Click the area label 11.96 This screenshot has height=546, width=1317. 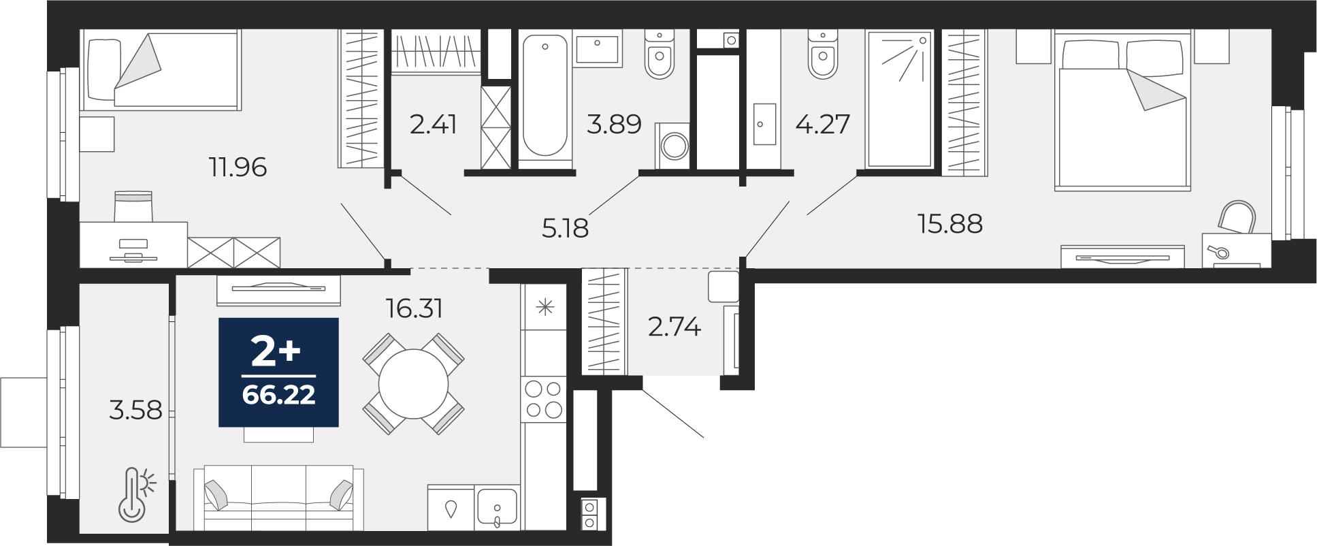238,167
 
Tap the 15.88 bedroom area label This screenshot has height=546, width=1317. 950,223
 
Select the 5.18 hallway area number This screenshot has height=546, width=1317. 565,228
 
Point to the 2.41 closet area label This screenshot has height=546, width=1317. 434,125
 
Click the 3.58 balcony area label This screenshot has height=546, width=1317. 136,410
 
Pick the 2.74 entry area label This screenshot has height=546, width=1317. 674,327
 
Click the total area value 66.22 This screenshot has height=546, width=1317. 279,395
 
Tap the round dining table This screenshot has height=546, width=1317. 413,385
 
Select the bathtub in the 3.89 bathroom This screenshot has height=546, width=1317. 544,97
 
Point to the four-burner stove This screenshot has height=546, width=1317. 544,399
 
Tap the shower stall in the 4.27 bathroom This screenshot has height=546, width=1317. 898,99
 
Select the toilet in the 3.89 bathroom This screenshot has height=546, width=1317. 660,54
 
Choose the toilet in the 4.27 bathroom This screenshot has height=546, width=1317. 823,54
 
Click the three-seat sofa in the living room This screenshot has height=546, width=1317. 278,498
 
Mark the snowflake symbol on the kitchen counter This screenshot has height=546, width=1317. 545,308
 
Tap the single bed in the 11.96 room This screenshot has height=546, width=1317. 161,70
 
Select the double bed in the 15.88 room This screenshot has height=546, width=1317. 1122,110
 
